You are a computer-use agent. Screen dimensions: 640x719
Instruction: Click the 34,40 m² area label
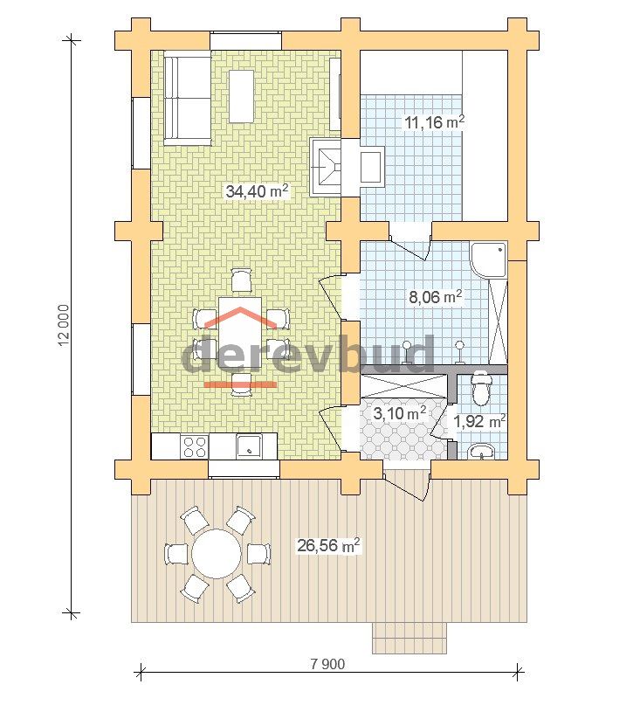point(257,190)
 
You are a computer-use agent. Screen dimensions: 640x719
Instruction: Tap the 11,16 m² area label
point(435,122)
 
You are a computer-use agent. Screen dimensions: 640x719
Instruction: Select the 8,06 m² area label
point(435,297)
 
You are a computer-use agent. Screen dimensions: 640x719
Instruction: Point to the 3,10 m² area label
point(400,413)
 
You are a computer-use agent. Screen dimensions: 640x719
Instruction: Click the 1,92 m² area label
point(479,421)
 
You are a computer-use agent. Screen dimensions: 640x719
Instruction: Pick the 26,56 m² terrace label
point(328,546)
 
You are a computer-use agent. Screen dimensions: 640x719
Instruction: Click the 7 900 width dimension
point(327,663)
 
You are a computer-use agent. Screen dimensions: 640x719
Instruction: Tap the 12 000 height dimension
point(64,325)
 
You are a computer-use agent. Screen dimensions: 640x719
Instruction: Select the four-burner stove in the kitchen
point(194,446)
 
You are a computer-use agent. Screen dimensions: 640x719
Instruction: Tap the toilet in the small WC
point(480,388)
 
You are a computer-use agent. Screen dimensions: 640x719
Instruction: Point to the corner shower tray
point(489,259)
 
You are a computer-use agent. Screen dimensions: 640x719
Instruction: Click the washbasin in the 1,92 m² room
point(481,453)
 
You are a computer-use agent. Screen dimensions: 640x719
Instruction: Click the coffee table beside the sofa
point(242,95)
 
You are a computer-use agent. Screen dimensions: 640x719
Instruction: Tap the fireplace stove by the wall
point(327,167)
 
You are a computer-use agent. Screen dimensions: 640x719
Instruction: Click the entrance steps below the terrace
point(409,638)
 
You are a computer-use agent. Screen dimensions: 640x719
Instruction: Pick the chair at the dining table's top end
point(241,280)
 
